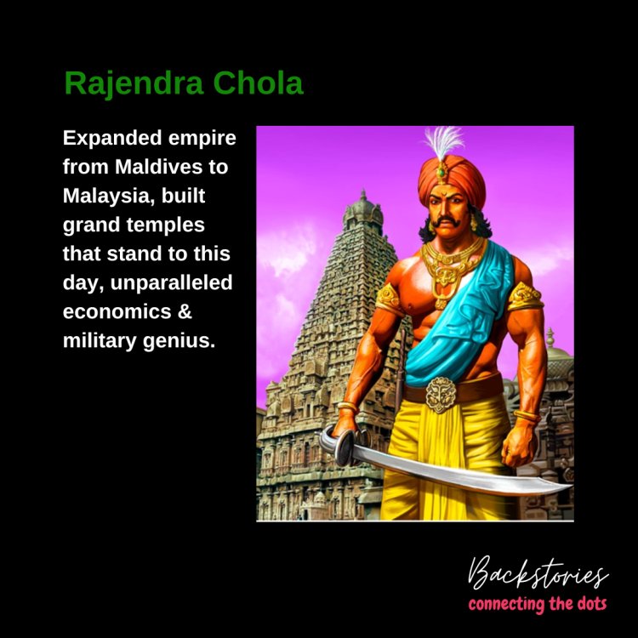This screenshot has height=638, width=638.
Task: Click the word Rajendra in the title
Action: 134,83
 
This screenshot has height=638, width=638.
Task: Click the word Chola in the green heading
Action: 258,83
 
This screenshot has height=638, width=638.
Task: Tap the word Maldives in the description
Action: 159,167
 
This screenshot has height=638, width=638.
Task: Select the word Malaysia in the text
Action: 109,197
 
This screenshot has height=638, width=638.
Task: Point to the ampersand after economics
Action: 185,311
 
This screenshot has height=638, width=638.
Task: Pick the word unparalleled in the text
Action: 171,282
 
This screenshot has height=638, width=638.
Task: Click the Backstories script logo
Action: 538,572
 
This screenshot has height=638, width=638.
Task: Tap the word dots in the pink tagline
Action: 592,604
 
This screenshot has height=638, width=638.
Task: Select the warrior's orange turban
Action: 451,181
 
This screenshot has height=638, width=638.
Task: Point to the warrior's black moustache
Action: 447,222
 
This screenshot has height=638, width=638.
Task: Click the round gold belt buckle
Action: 441,394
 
